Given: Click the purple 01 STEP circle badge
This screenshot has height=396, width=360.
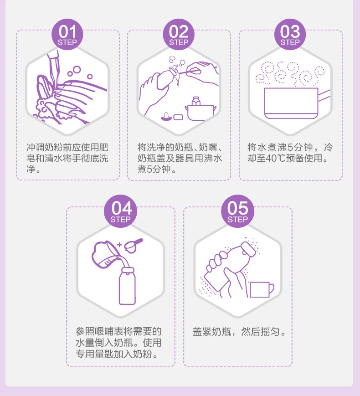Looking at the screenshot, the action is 67,34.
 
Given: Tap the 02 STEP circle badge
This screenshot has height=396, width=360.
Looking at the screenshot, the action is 179,34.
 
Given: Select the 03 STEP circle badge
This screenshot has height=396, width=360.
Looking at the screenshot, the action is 290,34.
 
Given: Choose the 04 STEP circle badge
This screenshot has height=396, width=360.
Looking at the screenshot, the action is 120,211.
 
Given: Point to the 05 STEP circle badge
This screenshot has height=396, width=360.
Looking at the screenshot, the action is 237,211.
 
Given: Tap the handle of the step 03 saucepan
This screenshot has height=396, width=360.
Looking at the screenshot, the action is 324,95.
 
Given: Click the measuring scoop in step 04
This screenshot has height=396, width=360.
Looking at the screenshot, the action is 133,246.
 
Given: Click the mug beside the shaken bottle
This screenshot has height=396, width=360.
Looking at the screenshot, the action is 262,290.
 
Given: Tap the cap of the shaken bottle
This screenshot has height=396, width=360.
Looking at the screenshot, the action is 249,249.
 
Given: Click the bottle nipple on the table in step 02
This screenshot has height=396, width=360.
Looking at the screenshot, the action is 166,117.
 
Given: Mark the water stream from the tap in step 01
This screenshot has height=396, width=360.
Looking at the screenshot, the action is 54,67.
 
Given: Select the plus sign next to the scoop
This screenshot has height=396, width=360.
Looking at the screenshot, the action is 119,244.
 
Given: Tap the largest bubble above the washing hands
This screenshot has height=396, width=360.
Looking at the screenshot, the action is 77,69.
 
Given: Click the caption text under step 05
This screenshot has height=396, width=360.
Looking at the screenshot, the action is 239,332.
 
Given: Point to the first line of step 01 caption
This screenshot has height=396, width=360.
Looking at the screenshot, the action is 67,147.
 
